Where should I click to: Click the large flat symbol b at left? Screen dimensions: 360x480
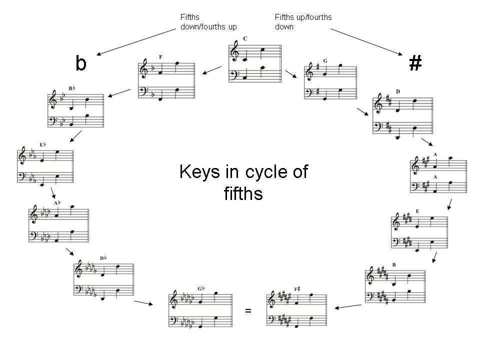[x=81, y=63]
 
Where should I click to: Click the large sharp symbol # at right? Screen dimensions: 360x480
[x=415, y=63]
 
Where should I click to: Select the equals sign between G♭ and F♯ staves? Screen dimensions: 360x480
[x=248, y=311]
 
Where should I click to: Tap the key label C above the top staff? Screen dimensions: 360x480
[x=245, y=39]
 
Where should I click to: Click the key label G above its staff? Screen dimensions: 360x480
[x=325, y=61]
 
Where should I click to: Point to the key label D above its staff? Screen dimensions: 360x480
[x=398, y=91]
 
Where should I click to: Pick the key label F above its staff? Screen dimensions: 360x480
[x=160, y=57]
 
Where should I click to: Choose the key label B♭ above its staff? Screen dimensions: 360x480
[x=71, y=88]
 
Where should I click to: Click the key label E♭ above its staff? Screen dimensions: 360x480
[x=43, y=145]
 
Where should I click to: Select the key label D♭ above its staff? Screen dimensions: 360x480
[x=103, y=258]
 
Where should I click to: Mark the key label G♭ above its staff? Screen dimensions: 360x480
[x=201, y=288]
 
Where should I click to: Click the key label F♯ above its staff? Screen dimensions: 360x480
[x=297, y=289]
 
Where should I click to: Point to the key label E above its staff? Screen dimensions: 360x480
[x=417, y=211]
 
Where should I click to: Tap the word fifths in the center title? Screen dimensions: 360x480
[x=243, y=193]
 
